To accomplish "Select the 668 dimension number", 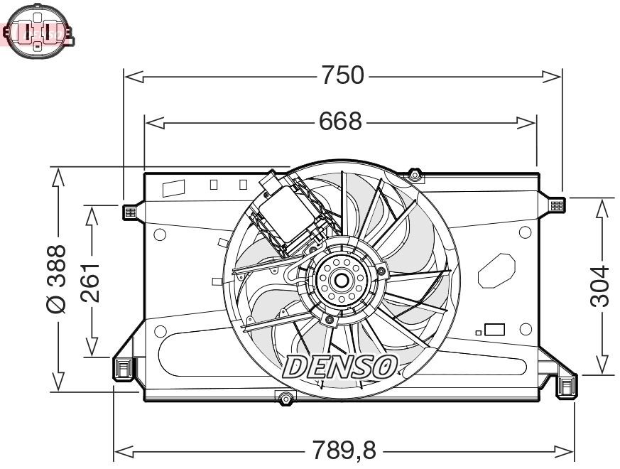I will tap(339, 122).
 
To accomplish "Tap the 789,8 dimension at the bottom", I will tap(344, 450).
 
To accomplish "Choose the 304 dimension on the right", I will tap(601, 286).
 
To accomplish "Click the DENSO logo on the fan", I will tap(340, 367).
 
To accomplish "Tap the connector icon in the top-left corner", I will tap(37, 31).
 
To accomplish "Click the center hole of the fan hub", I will tap(341, 279).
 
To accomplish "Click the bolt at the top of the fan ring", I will tap(415, 174).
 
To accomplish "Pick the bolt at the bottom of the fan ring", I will tap(285, 399).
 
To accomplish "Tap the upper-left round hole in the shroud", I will tap(161, 234).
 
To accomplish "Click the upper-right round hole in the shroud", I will tap(525, 233).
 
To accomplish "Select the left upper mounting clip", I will tap(129, 212).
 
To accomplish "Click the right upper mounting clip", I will tap(557, 205).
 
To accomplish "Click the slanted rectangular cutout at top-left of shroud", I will tap(173, 188).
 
